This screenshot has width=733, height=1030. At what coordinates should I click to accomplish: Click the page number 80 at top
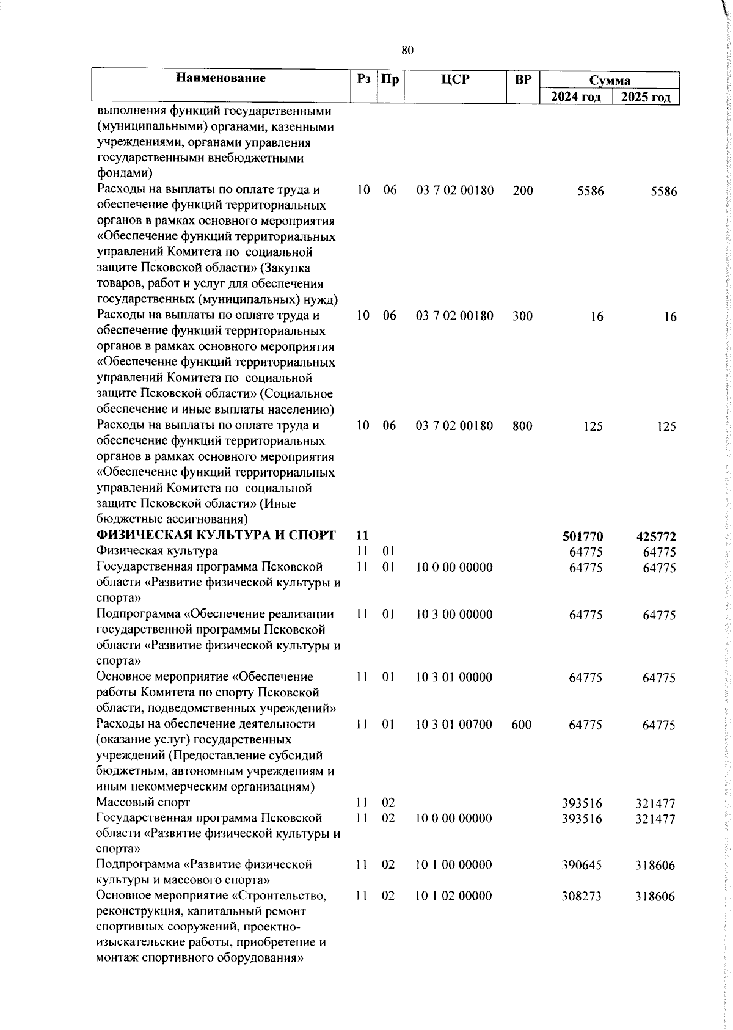pos(407,51)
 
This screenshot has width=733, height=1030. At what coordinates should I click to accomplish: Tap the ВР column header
pos(523,79)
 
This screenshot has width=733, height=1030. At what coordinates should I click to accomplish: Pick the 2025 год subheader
pos(646,97)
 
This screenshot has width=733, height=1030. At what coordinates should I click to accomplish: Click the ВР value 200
pos(523,191)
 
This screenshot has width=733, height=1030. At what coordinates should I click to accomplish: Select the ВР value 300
pos(523,316)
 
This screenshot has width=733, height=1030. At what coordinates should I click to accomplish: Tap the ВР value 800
pos(523,426)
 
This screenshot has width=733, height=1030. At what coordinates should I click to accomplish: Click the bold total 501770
pos(582,536)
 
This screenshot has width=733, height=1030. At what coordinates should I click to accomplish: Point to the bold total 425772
pos(656,537)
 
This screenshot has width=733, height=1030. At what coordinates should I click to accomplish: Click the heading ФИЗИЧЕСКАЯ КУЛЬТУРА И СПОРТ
pos(216,536)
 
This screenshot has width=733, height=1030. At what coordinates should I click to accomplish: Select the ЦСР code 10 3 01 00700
pos(454,725)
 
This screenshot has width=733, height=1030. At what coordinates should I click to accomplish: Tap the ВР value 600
pos(522,725)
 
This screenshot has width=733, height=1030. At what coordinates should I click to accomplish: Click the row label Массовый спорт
pos(144,802)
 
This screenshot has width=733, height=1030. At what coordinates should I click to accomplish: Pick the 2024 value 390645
pos(582,865)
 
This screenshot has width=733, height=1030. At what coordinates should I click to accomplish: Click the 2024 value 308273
pos(582,896)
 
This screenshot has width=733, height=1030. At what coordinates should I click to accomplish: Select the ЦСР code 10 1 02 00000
pos(454,896)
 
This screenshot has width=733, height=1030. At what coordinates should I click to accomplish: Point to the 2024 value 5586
pos(590,191)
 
